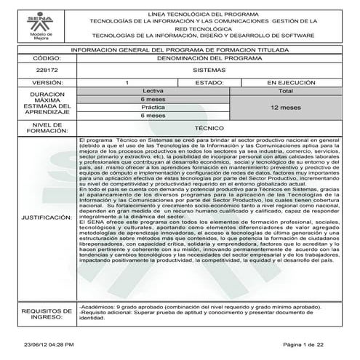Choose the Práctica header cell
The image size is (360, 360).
click(x=153, y=107)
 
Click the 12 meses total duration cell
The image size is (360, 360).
click(x=286, y=107)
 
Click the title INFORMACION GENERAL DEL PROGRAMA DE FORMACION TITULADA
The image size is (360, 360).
click(x=180, y=49)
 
